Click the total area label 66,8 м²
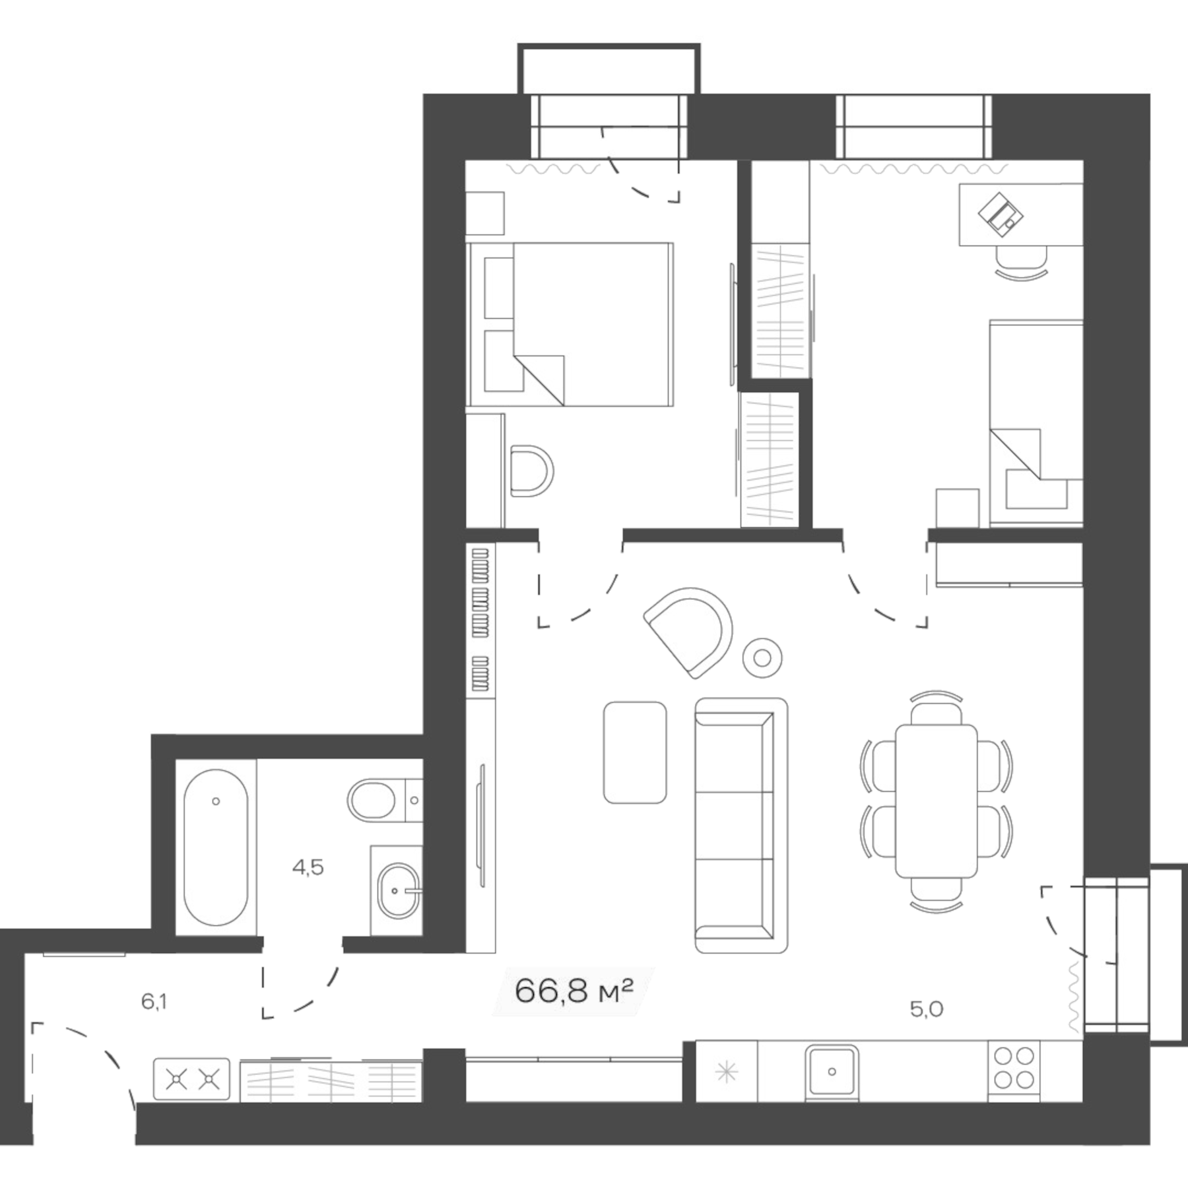(573, 991)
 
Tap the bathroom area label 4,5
(308, 867)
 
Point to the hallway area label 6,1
(154, 1002)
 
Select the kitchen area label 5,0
(927, 1008)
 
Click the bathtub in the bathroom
(216, 847)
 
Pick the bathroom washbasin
(397, 890)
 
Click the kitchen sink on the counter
(832, 1071)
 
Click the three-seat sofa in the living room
(741, 825)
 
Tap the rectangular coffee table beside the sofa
(634, 752)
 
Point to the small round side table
(762, 658)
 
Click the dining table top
(936, 801)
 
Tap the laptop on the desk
(1000, 214)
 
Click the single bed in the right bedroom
(1036, 422)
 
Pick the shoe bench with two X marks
(191, 1080)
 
